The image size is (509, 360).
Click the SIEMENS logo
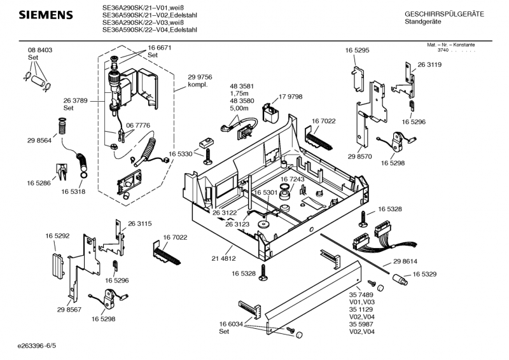pos(43,15)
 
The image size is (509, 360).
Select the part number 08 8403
pos(39,50)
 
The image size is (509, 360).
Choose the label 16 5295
pos(357,50)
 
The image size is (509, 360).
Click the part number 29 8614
pos(405,261)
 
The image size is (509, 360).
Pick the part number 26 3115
pos(139,223)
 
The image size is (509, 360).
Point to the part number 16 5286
pos(39,183)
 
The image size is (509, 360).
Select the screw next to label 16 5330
pos(207,157)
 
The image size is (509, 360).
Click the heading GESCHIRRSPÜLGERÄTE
pos(443,14)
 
